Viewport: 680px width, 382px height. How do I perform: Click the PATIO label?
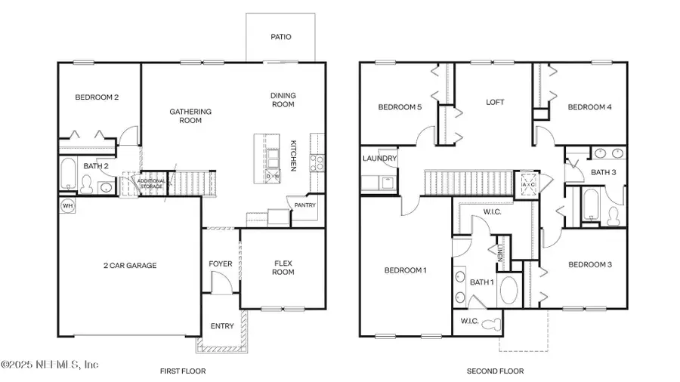(x=280, y=36)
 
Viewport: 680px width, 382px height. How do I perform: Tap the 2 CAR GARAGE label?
(x=129, y=265)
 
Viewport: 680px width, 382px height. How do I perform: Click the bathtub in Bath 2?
(x=67, y=175)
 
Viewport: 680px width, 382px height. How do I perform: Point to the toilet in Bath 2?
(x=87, y=183)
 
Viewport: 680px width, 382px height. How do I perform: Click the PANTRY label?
(x=306, y=205)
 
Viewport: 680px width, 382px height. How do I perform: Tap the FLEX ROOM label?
(x=283, y=267)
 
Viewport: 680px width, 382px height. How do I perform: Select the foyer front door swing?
(x=219, y=285)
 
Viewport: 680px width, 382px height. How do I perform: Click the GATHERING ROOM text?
(x=190, y=116)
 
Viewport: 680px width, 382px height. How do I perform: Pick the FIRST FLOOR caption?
(x=183, y=371)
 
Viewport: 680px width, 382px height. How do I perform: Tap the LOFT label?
(x=495, y=102)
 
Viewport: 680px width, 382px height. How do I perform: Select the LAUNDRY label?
(x=379, y=159)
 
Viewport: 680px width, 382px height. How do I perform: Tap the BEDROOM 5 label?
(x=400, y=107)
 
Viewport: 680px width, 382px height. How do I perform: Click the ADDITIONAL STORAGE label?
(x=151, y=183)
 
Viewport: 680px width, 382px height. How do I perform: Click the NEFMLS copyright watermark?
(x=50, y=364)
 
